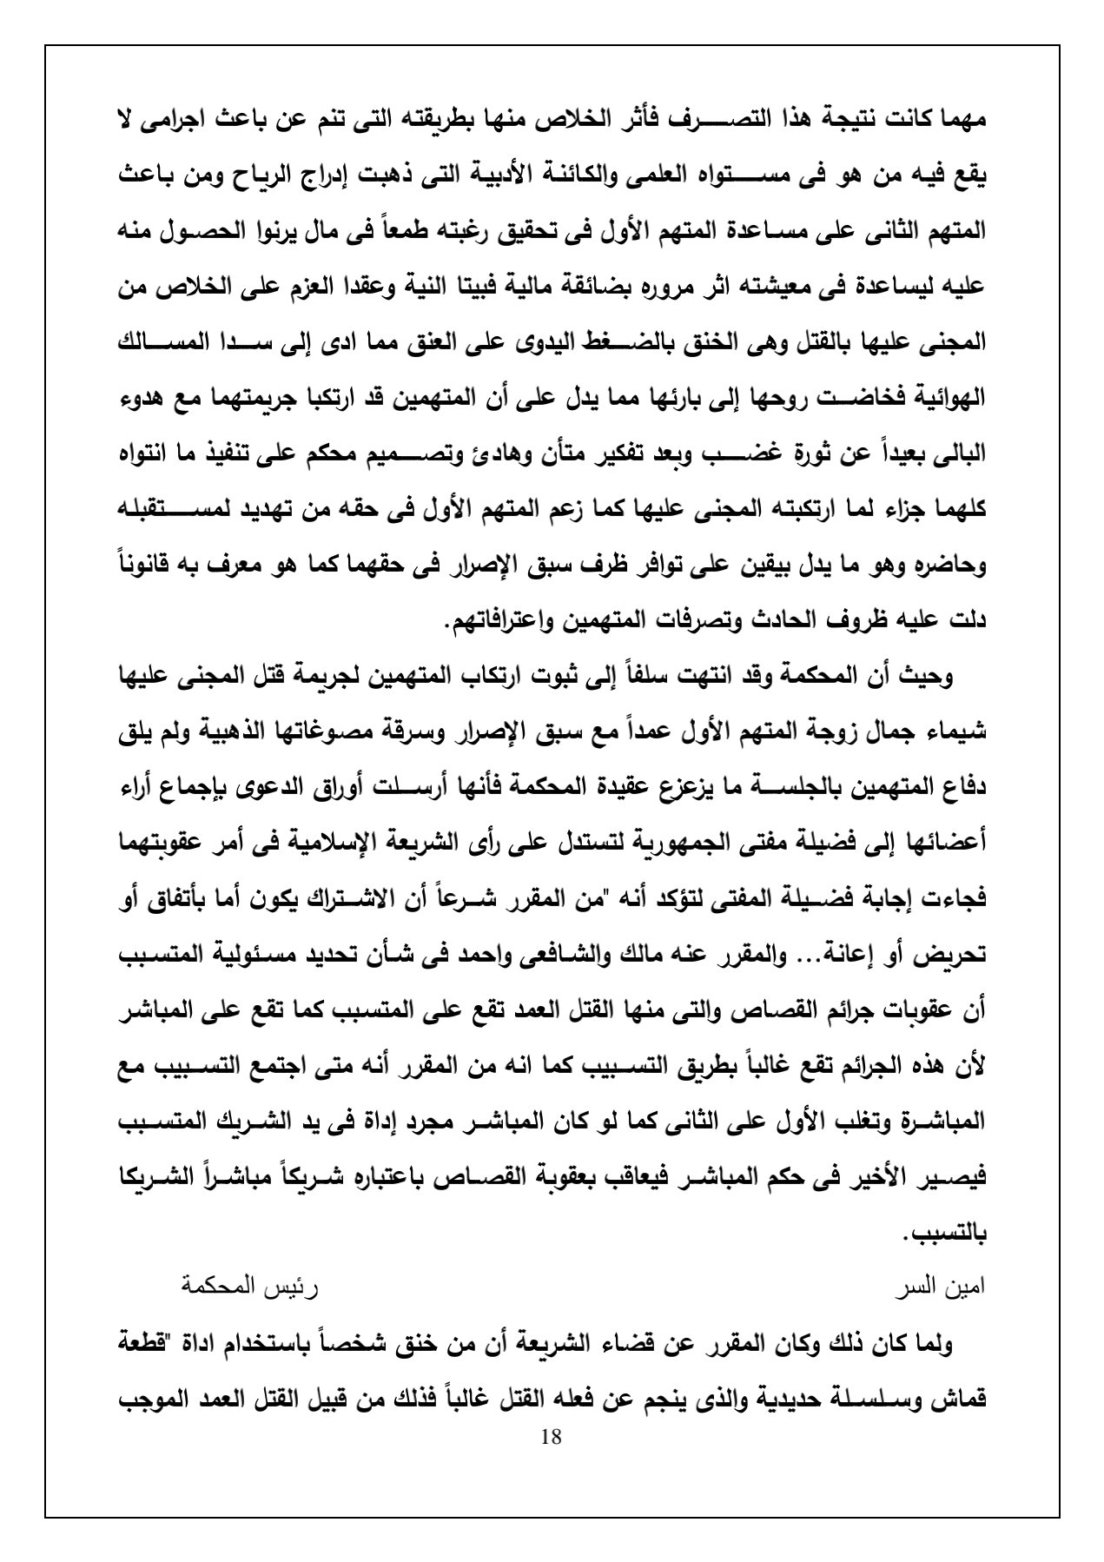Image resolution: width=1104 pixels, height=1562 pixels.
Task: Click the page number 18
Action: click(551, 1436)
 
